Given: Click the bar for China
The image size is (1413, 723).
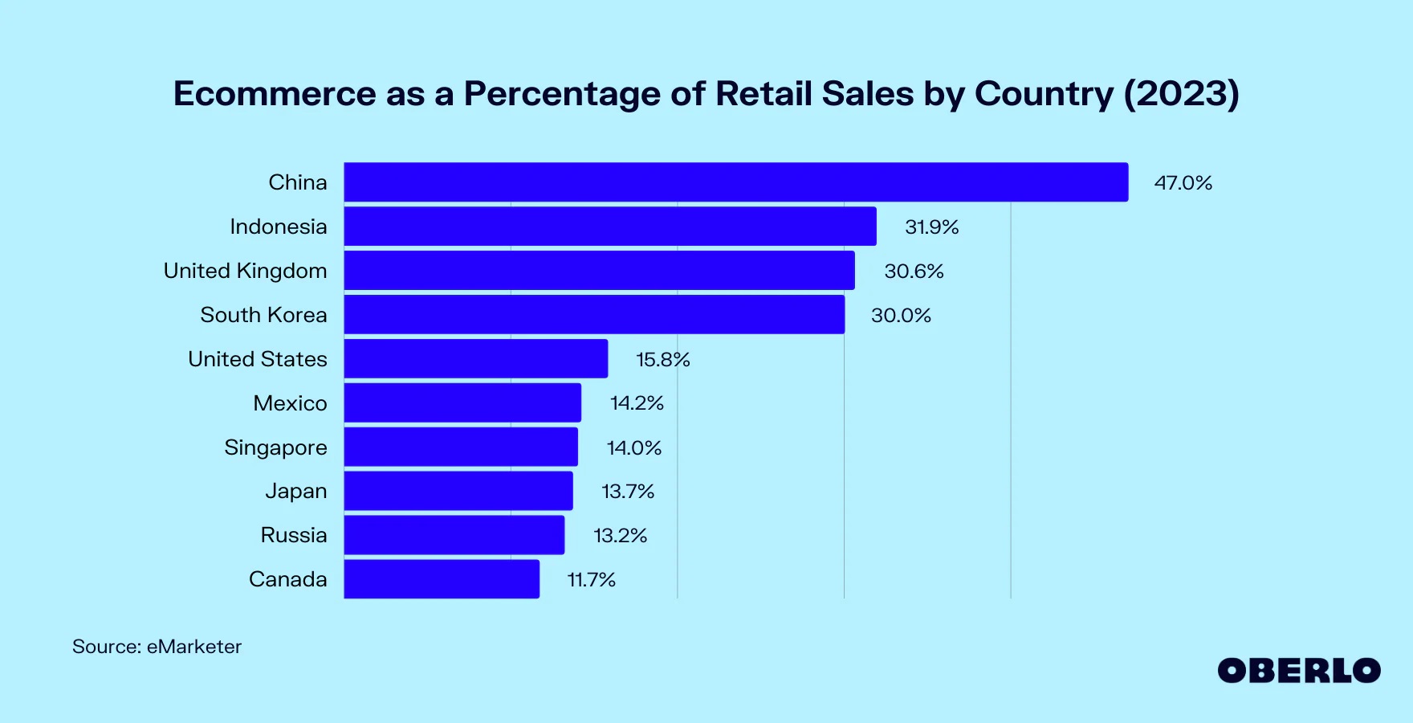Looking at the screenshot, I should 735,182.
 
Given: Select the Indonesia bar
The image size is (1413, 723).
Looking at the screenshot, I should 610,227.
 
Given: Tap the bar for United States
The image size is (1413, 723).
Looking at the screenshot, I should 476,359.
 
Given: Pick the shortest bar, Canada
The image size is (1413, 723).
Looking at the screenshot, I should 442,579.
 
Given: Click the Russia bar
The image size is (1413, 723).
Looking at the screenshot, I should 454,535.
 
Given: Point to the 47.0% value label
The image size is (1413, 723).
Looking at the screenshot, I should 1183,183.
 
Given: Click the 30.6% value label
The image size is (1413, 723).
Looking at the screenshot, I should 914,272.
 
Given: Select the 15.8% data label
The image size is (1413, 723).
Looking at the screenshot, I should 662,360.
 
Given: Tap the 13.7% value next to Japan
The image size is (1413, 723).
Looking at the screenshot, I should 628,492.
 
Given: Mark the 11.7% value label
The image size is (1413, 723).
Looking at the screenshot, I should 591,580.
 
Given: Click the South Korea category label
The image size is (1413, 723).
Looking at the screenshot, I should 263,315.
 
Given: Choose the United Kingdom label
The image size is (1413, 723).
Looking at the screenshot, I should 245,271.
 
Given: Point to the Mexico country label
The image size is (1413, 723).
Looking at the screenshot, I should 290,403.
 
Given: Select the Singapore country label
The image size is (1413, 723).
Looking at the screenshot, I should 275,447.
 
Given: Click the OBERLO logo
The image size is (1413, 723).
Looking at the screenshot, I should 1298,671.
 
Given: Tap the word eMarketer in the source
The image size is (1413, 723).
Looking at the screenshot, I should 193,647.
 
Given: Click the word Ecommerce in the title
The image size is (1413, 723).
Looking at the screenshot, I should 275,94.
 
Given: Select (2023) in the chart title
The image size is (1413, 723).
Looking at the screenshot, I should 1181,94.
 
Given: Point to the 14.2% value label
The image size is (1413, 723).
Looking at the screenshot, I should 637,403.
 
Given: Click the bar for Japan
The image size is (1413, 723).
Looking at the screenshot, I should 458,491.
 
